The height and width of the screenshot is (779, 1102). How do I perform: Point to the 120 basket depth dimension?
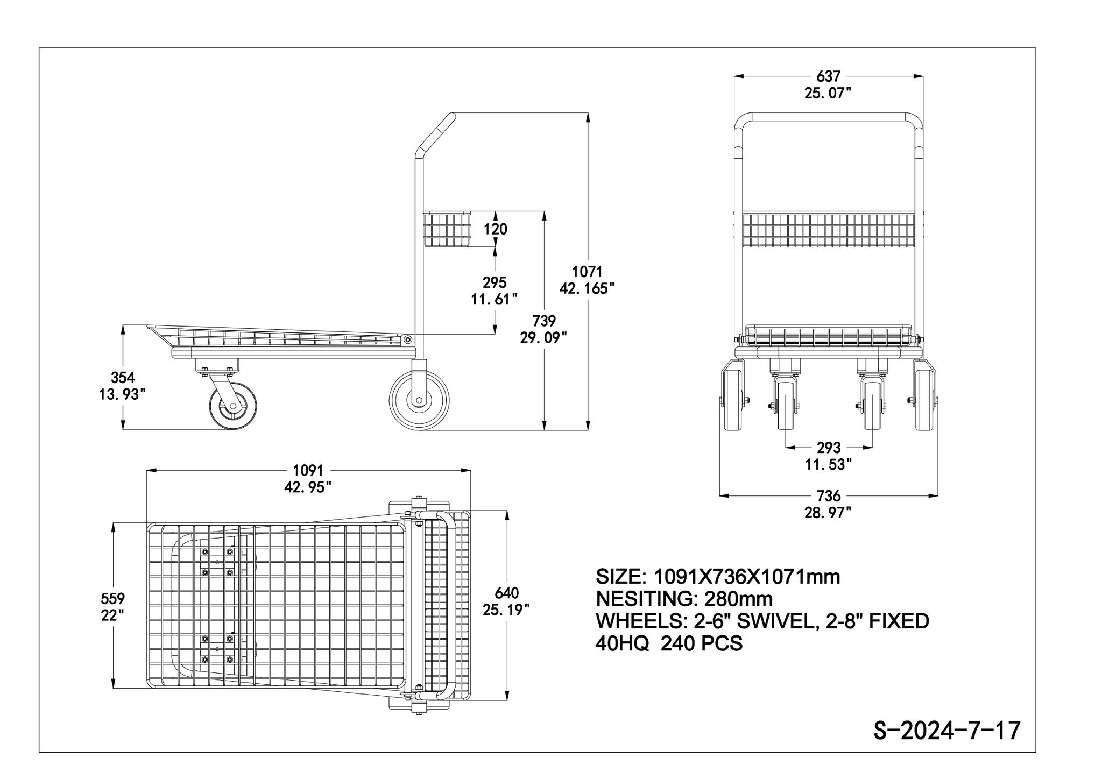click(x=495, y=229)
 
